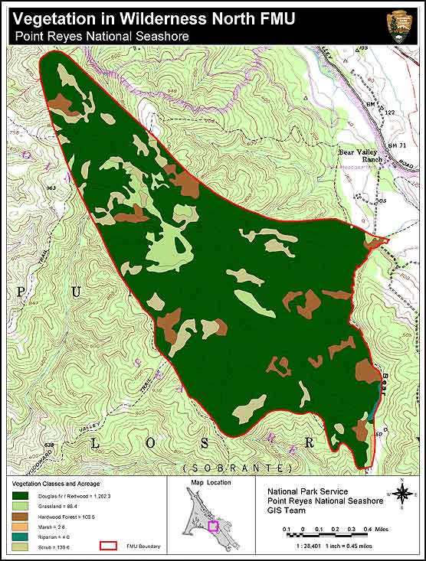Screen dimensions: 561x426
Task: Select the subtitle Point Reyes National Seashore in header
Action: pos(101,35)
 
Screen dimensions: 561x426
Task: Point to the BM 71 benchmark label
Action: pos(396,145)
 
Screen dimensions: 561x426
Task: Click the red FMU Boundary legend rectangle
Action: pos(110,546)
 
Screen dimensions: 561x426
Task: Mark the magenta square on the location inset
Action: pos(213,526)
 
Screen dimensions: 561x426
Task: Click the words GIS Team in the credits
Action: pos(287,510)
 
